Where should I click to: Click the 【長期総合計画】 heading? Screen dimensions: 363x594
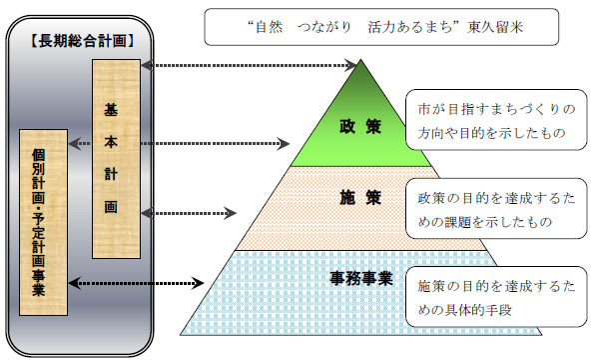pyautogui.click(x=79, y=41)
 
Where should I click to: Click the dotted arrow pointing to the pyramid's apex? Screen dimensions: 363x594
pyautogui.click(x=250, y=66)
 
